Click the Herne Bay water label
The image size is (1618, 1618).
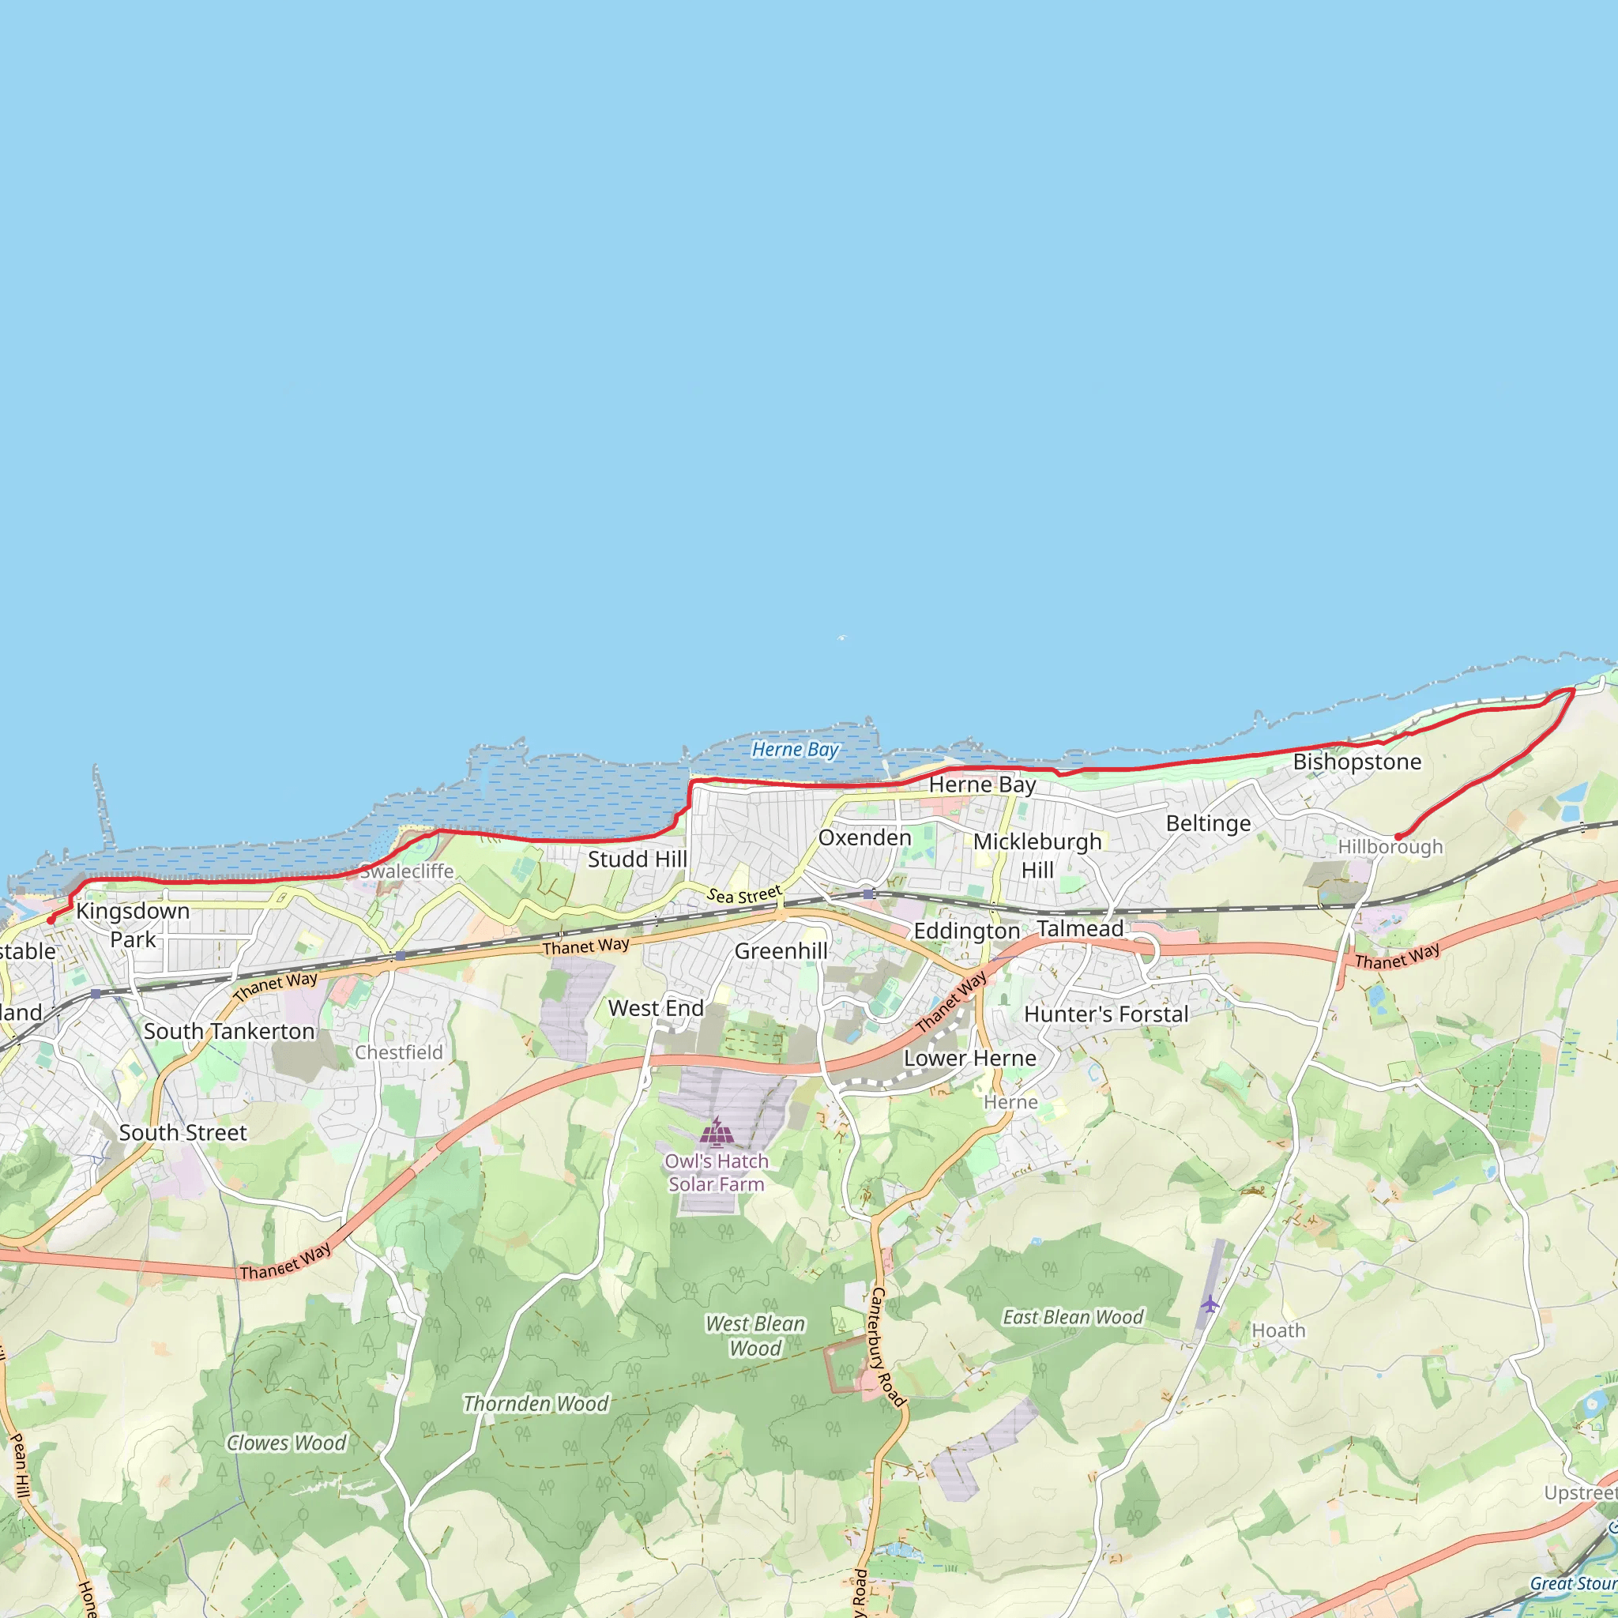pyautogui.click(x=795, y=750)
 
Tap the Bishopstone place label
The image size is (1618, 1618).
pyautogui.click(x=1356, y=762)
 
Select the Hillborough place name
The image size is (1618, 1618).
pyautogui.click(x=1390, y=847)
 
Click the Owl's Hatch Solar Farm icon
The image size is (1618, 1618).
pyautogui.click(x=717, y=1131)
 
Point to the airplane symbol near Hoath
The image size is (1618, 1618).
pyautogui.click(x=1210, y=1304)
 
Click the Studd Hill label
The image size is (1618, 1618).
pyautogui.click(x=638, y=860)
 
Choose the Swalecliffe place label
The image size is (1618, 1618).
pyautogui.click(x=407, y=871)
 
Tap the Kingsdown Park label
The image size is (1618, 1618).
pyautogui.click(x=134, y=924)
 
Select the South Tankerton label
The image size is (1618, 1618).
pyautogui.click(x=228, y=1031)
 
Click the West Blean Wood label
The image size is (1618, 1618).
pyautogui.click(x=755, y=1336)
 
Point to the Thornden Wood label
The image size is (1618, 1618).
pyautogui.click(x=536, y=1404)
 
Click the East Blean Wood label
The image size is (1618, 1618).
pyautogui.click(x=1073, y=1317)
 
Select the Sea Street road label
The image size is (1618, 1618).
pyautogui.click(x=743, y=894)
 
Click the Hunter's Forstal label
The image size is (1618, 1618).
pyautogui.click(x=1105, y=1014)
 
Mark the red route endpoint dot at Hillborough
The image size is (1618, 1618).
pyautogui.click(x=1398, y=837)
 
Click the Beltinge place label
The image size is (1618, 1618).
pyautogui.click(x=1209, y=823)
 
